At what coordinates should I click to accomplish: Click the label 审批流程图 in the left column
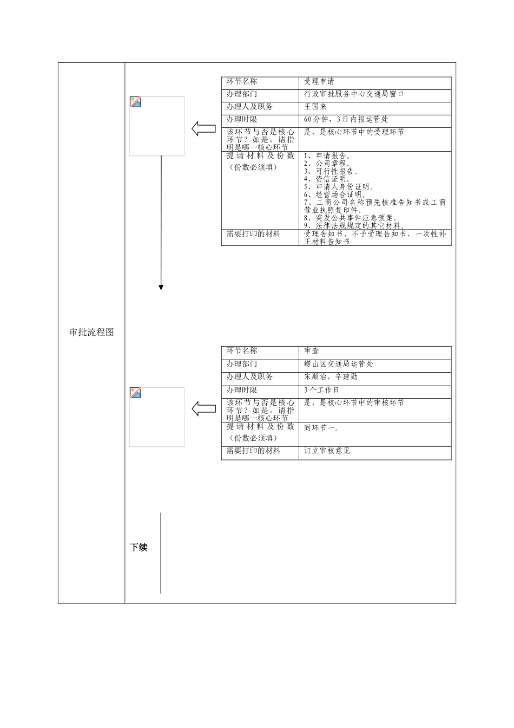click(91, 333)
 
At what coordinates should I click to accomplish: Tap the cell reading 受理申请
click(319, 82)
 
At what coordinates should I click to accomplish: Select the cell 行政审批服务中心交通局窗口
click(354, 94)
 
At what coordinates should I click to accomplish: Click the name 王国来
click(315, 107)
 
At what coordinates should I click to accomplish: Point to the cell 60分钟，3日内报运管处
click(346, 119)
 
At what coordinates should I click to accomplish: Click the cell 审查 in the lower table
click(312, 351)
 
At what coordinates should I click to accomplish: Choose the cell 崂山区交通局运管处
click(339, 364)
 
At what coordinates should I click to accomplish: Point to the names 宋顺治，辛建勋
click(331, 377)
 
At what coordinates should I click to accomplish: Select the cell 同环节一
click(321, 428)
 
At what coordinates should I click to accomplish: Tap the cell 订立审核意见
click(327, 451)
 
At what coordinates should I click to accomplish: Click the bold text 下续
click(139, 548)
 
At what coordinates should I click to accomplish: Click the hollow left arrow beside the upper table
click(203, 129)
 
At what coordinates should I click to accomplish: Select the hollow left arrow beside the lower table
click(203, 409)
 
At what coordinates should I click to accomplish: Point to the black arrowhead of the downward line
click(161, 287)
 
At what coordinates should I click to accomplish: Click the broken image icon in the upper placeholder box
click(135, 102)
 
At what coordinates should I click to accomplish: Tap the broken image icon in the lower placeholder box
click(135, 393)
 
